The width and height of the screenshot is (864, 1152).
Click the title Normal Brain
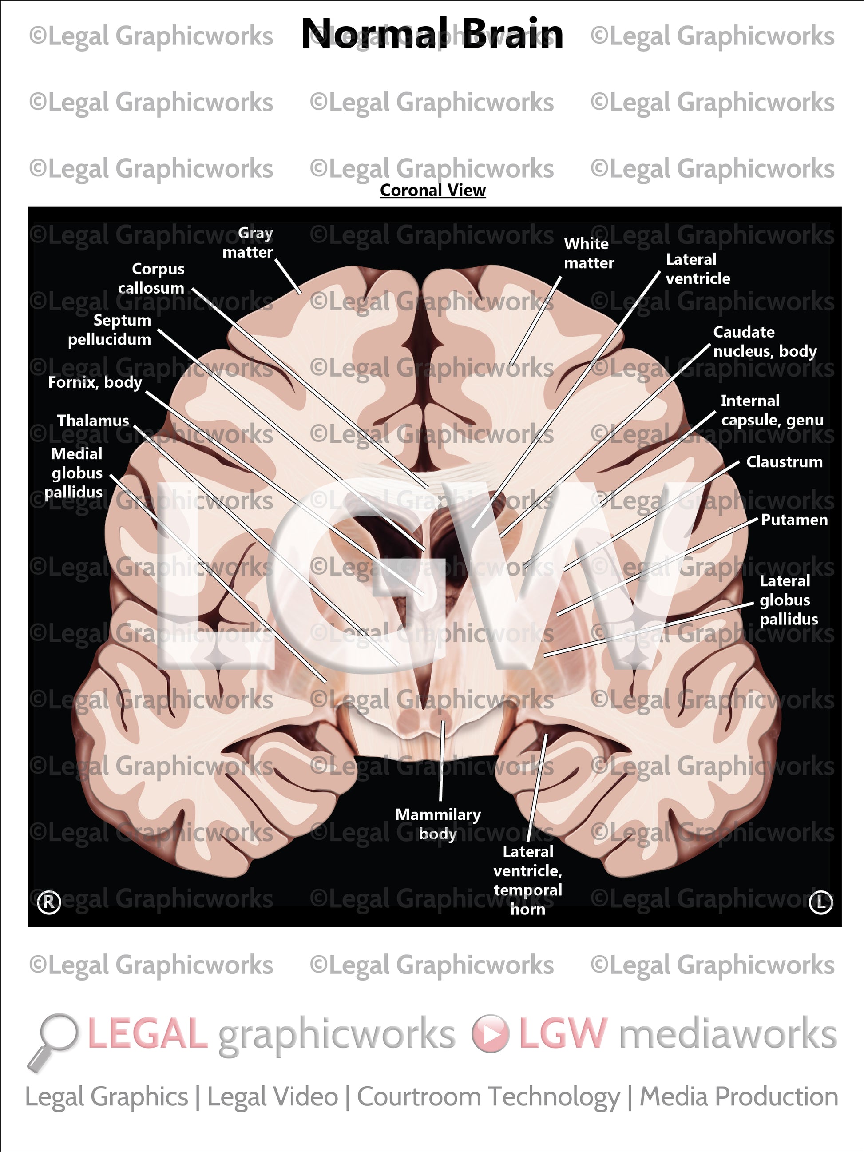[x=432, y=34]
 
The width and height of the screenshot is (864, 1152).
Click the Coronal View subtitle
[x=432, y=190]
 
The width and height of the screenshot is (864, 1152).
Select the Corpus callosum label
[x=151, y=278]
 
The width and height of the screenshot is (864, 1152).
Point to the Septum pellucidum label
[x=110, y=330]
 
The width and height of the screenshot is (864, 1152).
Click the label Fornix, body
[x=95, y=382]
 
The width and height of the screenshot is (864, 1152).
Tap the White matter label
[x=588, y=253]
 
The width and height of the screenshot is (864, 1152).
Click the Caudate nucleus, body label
[x=765, y=341]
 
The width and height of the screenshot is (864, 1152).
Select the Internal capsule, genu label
[x=772, y=410]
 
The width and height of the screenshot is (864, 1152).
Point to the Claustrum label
[x=784, y=461]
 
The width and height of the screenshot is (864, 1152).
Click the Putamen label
[x=794, y=519]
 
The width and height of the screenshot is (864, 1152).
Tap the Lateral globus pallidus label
[x=788, y=600]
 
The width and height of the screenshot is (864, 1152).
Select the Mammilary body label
[x=437, y=823]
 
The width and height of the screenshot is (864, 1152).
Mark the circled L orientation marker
[x=821, y=902]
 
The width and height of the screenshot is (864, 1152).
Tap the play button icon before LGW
[x=491, y=1033]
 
